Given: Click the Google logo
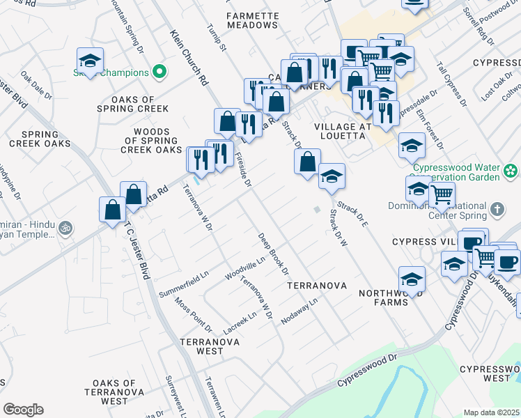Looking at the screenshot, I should (23, 410).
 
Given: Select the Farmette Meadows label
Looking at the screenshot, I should (252, 20).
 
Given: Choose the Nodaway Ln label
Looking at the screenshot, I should (299, 311).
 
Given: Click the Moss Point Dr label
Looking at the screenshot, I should (194, 314).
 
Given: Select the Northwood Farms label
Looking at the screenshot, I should (384, 298).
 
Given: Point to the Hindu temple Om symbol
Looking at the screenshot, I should (65, 227).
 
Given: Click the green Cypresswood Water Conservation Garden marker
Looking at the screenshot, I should (512, 170).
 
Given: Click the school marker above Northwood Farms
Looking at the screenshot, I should (412, 278).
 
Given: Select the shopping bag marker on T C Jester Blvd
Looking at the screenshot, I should (112, 209).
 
